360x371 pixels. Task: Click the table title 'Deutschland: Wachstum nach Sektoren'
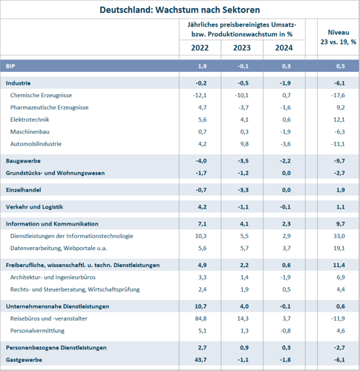click(180, 10)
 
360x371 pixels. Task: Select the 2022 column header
click(200, 47)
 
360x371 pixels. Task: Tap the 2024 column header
click(284, 47)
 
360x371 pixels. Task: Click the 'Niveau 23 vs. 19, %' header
click(338, 37)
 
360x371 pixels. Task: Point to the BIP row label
click(10, 66)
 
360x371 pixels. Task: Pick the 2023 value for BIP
click(243, 66)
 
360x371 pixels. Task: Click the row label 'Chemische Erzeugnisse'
click(41, 95)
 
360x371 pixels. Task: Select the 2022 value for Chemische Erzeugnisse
click(200, 95)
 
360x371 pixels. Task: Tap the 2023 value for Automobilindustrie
click(244, 144)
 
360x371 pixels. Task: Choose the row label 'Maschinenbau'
click(30, 131)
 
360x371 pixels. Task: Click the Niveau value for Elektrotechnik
click(338, 119)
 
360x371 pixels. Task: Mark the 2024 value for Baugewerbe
click(285, 161)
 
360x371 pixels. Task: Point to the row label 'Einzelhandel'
click(24, 190)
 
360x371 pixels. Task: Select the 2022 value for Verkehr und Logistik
click(202, 207)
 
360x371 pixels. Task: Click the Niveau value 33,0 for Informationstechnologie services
click(338, 236)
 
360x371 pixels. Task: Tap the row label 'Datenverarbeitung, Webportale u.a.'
click(59, 248)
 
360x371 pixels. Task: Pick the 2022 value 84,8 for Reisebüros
click(200, 318)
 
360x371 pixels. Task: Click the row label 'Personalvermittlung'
click(37, 331)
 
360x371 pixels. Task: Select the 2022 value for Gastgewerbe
click(200, 360)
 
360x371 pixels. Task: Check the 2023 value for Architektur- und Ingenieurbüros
click(244, 278)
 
